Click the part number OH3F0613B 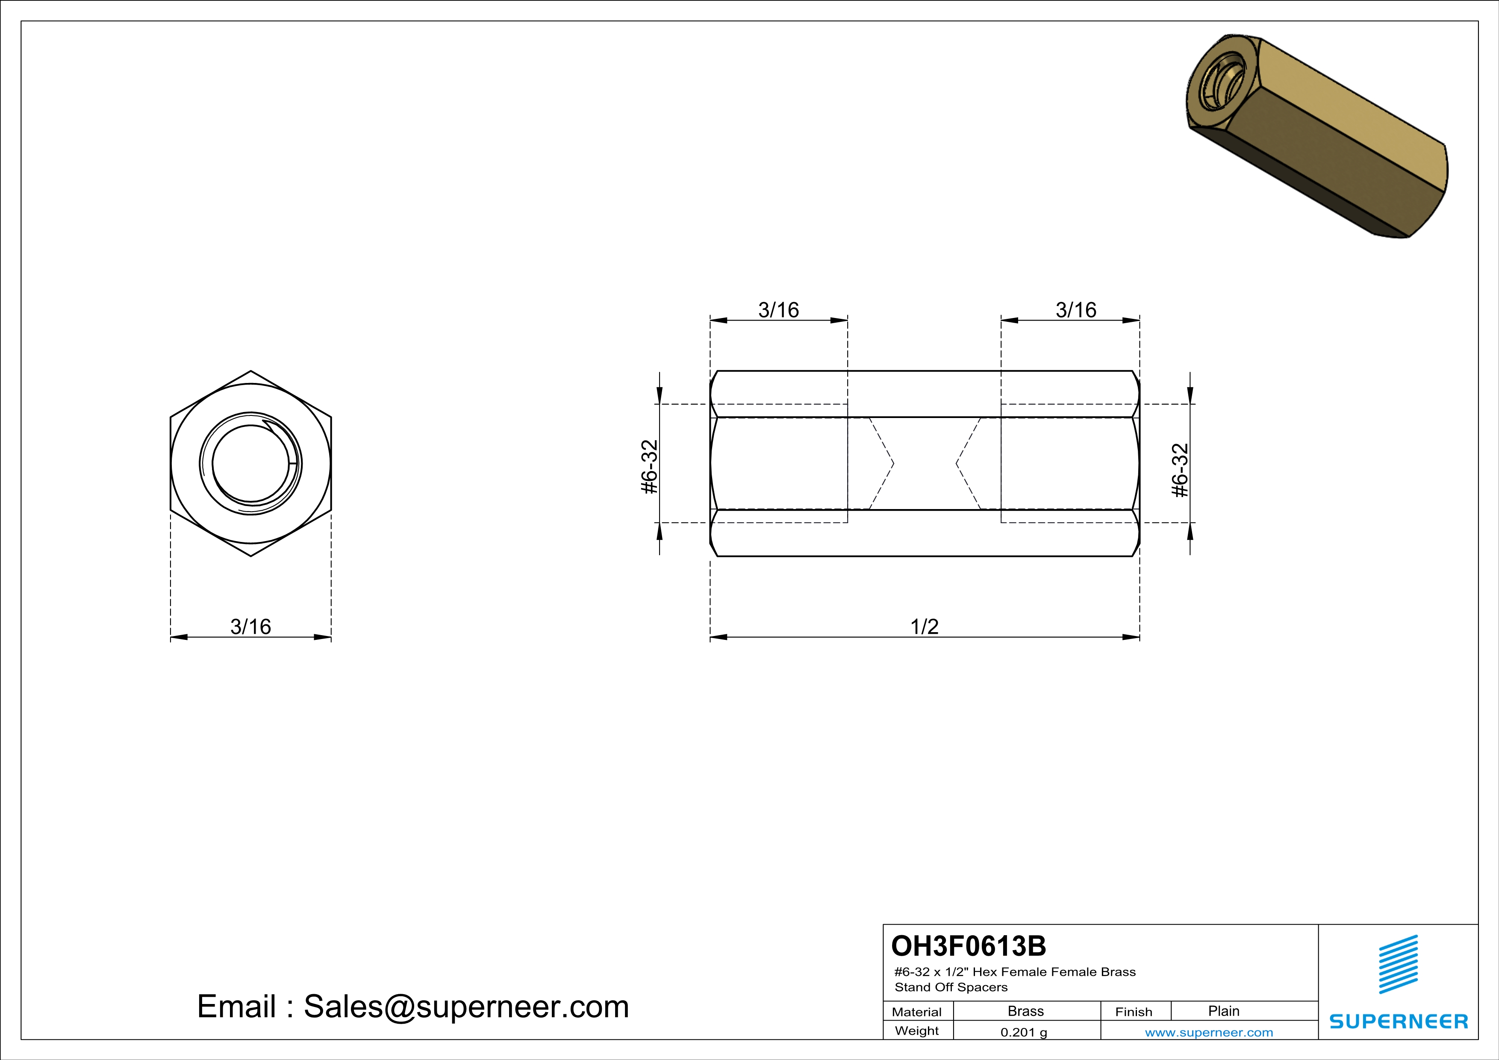(968, 946)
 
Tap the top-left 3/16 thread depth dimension (778, 310)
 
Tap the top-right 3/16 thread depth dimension (1075, 310)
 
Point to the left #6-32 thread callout (650, 467)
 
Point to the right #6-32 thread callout (1181, 470)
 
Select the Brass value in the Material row (1026, 1011)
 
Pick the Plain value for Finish (1223, 1011)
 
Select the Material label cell (917, 1012)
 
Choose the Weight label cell (917, 1031)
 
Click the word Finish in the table (1134, 1012)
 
